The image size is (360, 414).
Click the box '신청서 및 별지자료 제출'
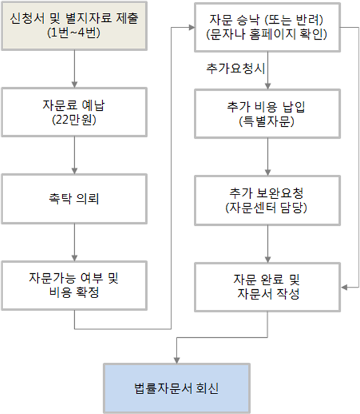click(x=74, y=26)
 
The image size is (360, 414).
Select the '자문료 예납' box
click(x=74, y=112)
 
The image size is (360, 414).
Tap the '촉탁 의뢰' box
click(x=74, y=199)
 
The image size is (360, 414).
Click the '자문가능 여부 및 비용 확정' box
click(x=74, y=285)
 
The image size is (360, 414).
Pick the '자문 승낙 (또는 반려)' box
click(x=267, y=28)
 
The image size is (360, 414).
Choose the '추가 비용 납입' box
click(x=267, y=114)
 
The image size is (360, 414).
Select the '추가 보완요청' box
click(x=267, y=200)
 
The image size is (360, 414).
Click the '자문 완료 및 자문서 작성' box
click(x=267, y=287)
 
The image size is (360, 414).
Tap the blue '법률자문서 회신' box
click(x=176, y=388)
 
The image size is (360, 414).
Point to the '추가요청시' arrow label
click(x=235, y=68)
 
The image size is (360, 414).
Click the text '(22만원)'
click(x=74, y=120)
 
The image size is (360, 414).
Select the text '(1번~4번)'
click(x=74, y=33)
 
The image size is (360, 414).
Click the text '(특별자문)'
click(x=267, y=122)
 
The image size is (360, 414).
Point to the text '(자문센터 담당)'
click(x=266, y=207)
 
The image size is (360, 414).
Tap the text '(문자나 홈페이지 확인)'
click(x=267, y=34)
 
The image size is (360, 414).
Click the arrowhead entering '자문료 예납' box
click(x=74, y=84)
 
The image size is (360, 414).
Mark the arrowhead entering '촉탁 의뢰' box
click(x=74, y=171)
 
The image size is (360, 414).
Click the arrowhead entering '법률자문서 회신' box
click(x=176, y=360)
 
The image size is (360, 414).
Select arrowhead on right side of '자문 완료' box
click(x=344, y=287)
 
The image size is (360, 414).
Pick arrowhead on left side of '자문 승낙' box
click(x=191, y=28)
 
